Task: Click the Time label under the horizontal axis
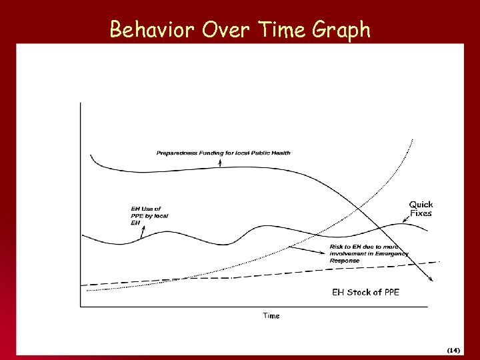(x=271, y=315)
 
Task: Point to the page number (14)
(x=453, y=349)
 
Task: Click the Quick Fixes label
(x=421, y=209)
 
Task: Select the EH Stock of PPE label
(x=365, y=292)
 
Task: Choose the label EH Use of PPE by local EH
(x=147, y=215)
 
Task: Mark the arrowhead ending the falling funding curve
(x=437, y=281)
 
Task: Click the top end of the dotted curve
(x=413, y=139)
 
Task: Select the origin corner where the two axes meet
(x=81, y=307)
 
